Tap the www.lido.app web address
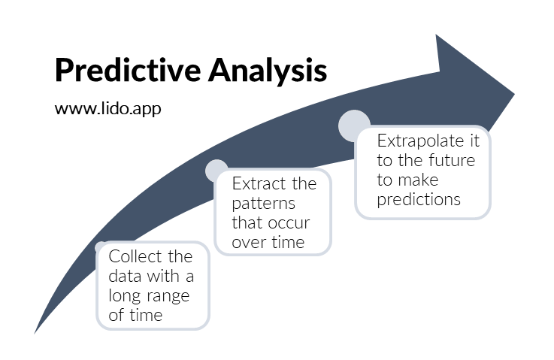[107, 108]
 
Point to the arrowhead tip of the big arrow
[513, 95]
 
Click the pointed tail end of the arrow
[36, 331]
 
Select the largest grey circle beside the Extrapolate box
[354, 126]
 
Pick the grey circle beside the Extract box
[216, 171]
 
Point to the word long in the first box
[125, 295]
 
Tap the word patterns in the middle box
[264, 204]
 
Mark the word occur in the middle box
[290, 223]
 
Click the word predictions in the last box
[419, 200]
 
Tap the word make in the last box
[419, 180]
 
